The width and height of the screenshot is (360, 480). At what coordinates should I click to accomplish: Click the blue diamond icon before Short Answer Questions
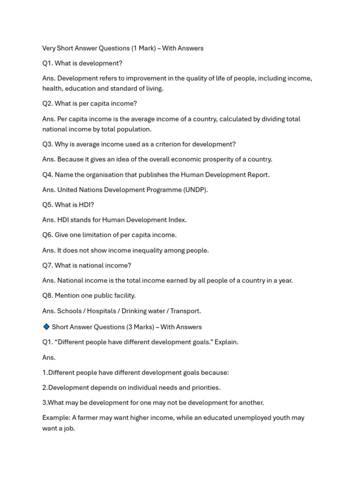pos(46,327)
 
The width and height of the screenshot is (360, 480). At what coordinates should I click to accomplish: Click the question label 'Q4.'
pos(47,175)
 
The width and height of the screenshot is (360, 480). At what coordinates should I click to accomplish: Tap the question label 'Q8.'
pos(47,296)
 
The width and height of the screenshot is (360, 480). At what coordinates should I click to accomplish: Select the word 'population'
pos(135,129)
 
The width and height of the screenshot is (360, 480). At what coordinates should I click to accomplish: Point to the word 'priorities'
pos(203,388)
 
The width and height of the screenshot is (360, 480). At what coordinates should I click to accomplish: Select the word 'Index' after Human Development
pos(176,220)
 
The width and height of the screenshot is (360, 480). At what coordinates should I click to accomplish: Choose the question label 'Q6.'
pos(47,235)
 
